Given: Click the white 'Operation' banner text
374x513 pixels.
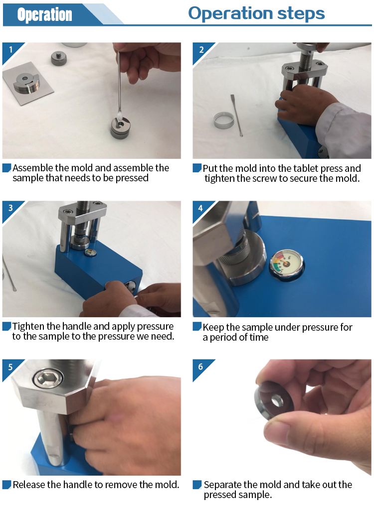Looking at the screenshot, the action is point(44,15).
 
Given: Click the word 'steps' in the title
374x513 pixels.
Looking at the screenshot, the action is point(301,14).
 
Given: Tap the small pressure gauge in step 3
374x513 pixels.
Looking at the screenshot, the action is point(90,252).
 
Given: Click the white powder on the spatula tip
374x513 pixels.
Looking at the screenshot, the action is point(119,115).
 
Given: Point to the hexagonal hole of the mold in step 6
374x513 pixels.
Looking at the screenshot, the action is point(277,401).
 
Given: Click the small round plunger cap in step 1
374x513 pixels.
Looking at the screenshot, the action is point(59,58).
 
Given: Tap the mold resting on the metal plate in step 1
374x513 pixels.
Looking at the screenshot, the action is point(26,82).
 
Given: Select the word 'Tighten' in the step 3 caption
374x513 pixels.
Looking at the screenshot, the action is point(28,327).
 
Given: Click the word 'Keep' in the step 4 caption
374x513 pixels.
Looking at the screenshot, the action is point(213,328).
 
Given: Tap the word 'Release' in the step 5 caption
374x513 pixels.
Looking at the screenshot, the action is point(28,485).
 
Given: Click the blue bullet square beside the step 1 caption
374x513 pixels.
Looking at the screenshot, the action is point(7,168).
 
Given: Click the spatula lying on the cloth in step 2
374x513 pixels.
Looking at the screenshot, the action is point(237,115).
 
